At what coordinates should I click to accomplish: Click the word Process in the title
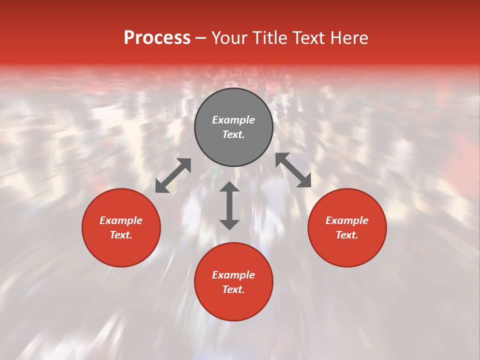coord(157,38)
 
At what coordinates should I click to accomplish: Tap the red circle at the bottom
coord(233,305)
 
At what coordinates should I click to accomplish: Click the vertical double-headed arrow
coord(229,205)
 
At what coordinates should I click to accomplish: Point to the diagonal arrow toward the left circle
coord(173,175)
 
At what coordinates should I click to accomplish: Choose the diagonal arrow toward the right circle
coord(293,170)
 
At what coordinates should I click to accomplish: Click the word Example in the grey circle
coord(233,120)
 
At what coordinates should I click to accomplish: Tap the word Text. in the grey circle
coord(233,134)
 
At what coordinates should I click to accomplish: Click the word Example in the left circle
coord(121,220)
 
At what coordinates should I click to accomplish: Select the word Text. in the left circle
coord(121,235)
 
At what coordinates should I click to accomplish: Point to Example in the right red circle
coord(347,220)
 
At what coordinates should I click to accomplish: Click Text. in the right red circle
coord(347,235)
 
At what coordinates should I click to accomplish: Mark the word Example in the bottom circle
coord(233,275)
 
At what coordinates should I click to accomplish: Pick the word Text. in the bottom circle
coord(233,289)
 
